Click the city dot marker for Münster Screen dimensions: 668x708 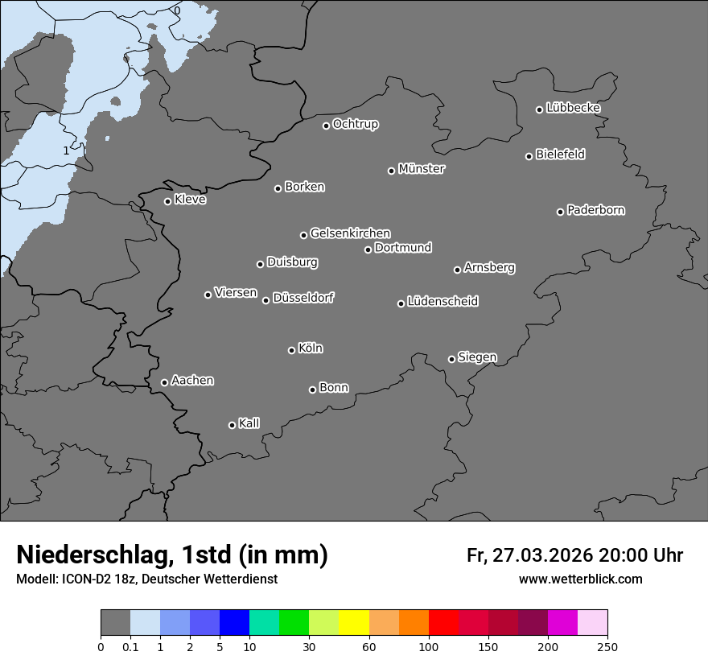click(392, 171)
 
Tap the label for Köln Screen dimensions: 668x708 click(311, 348)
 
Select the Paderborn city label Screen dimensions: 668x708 click(596, 210)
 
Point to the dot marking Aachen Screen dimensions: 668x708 click(165, 382)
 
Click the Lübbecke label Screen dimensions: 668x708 click(574, 108)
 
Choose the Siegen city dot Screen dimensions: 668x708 click(451, 359)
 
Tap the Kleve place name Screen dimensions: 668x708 click(191, 200)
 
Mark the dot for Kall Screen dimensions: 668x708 click(233, 425)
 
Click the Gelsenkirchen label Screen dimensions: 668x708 click(351, 233)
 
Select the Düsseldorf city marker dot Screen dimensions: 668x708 click(266, 300)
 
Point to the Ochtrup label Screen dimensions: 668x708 click(356, 124)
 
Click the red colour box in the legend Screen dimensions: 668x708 click(443, 623)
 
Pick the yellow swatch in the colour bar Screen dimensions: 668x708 click(354, 623)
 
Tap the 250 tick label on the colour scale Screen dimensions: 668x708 click(607, 645)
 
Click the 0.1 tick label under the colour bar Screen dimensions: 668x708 click(130, 645)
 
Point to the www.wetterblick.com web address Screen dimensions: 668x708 click(581, 579)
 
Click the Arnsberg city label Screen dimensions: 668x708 click(489, 267)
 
